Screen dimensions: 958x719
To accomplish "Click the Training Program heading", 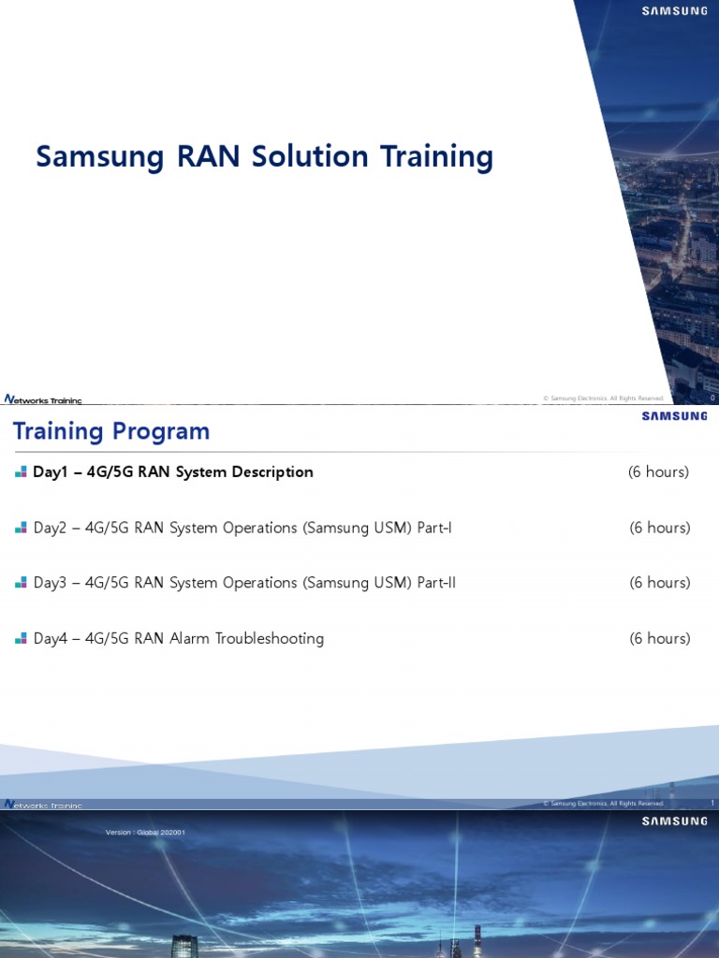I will coord(111,431).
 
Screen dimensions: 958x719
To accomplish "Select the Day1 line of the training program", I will coord(173,472).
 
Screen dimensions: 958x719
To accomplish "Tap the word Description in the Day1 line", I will coord(271,472).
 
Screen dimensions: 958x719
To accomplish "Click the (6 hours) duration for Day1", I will coord(658,472).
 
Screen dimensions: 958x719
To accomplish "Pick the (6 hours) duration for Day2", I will coord(660,528).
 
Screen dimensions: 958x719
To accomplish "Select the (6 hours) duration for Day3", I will coord(660,583).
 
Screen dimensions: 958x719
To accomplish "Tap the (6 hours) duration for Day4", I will coord(660,639).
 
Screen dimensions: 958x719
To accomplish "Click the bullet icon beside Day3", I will coord(21,583).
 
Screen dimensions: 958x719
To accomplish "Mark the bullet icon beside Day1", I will coord(21,472).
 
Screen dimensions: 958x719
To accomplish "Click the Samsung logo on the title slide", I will coord(674,11).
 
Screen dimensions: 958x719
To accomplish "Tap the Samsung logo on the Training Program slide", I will coord(674,416).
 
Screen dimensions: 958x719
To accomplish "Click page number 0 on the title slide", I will coord(712,399).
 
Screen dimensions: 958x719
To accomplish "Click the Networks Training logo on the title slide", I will coord(43,399).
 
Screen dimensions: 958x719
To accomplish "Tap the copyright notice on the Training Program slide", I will coord(603,804).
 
